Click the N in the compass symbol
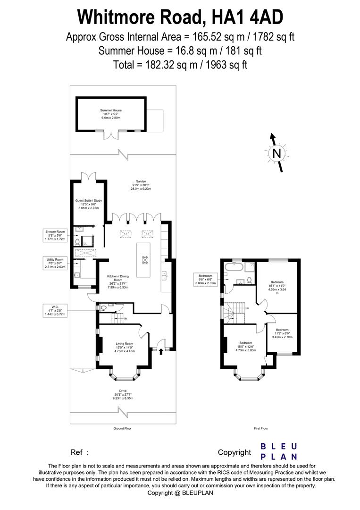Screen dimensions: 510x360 [277, 153]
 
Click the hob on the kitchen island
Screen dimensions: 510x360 [144, 260]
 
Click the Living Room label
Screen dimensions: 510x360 [125, 347]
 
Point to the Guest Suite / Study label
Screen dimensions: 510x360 [89, 204]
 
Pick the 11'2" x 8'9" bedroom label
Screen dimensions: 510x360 [282, 333]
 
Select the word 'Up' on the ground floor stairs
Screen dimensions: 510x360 [125, 318]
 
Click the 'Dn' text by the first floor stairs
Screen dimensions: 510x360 [247, 308]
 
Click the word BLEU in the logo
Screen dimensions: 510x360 [279, 446]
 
